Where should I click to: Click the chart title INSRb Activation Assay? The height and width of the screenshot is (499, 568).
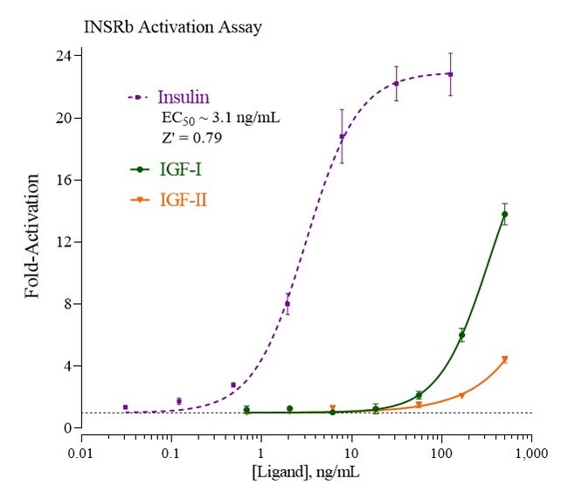point(172,26)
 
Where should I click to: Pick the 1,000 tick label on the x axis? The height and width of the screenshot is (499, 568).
point(530,455)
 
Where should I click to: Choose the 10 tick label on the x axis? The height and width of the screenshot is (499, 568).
point(350,455)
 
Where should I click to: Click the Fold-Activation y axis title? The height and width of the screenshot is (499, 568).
point(33,236)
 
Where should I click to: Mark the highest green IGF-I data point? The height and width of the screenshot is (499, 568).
point(504,214)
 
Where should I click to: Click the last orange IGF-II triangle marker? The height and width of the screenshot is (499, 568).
point(504,359)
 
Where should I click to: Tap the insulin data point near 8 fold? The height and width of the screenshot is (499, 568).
point(287,304)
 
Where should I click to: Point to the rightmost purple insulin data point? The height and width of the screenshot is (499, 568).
point(450,74)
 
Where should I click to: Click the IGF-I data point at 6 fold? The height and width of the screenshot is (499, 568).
point(461,335)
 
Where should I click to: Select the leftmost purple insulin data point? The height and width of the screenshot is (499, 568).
point(126,407)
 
